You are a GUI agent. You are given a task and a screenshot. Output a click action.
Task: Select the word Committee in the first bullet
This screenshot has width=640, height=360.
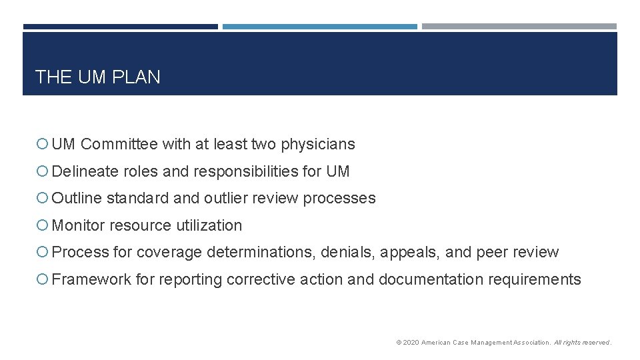(119, 144)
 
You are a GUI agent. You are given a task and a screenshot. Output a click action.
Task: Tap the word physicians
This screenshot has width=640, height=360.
(318, 144)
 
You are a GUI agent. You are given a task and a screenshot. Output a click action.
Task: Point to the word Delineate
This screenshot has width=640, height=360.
(85, 171)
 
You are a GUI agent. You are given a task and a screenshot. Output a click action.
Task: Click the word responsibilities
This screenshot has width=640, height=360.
(246, 171)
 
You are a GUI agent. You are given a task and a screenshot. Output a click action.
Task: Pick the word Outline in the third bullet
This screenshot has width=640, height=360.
(77, 198)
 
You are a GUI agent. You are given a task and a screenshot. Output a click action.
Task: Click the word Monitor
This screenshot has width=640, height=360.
(78, 225)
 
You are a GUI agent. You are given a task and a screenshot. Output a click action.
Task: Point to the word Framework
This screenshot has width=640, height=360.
(91, 279)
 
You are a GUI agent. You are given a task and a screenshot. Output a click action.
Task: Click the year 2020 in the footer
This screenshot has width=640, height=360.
(411, 343)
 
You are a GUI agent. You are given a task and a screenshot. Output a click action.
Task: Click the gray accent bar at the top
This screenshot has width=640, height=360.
(519, 27)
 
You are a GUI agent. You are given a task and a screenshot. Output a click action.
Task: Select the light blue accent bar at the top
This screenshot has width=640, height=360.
(319, 27)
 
